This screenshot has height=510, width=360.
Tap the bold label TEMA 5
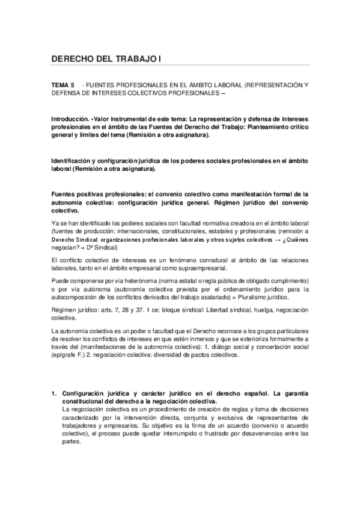63,86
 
